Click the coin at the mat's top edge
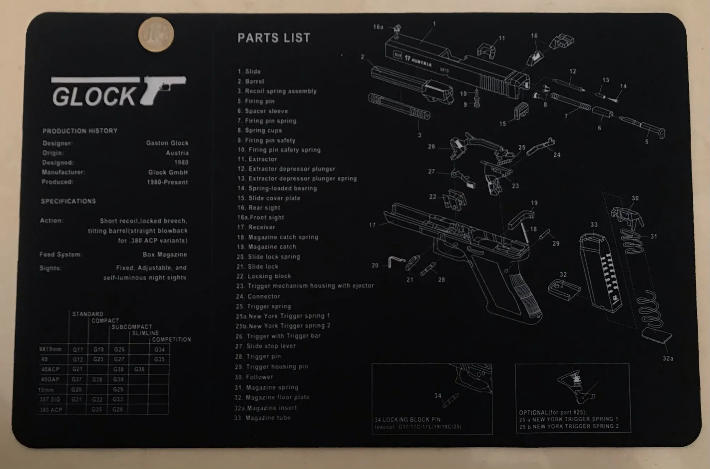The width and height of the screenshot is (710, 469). point(159,34)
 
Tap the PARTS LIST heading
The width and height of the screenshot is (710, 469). point(274,38)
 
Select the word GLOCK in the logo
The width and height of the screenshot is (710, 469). point(94,97)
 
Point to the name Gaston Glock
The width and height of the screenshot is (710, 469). point(167,143)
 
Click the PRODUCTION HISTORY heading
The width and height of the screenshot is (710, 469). point(80,131)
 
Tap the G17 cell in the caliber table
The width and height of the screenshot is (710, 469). point(78,349)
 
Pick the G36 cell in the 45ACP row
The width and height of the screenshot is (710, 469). point(139,369)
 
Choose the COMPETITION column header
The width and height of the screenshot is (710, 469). point(171,339)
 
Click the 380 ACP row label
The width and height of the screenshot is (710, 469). point(51,409)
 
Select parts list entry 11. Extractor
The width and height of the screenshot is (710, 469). point(257,159)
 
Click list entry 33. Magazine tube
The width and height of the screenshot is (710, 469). point(262,418)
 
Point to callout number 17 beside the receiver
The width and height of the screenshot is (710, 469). point(372,225)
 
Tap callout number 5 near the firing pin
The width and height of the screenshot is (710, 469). point(646,141)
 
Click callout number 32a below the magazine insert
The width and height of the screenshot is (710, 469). point(668,358)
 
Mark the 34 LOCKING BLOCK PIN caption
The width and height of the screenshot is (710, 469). point(408,419)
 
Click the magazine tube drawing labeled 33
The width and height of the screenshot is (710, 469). point(600,273)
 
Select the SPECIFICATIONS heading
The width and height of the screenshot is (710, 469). point(68,201)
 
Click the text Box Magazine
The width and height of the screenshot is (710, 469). point(165,255)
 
